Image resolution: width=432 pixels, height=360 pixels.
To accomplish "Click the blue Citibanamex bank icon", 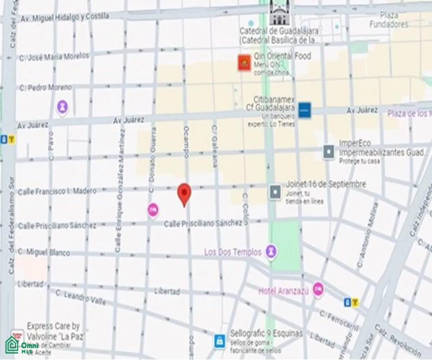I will pos(305,109).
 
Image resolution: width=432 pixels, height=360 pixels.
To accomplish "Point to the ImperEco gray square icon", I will pos(329,152).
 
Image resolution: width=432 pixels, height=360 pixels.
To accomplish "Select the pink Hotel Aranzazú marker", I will pos(318,289).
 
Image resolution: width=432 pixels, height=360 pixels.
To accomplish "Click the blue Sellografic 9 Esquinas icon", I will pos(219,340).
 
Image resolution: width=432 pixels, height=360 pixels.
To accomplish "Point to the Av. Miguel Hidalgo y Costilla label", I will pos(65,17).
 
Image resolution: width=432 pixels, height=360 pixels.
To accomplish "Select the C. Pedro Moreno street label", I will pos(46,87).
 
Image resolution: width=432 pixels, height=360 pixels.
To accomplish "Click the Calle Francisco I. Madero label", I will pos(57,191).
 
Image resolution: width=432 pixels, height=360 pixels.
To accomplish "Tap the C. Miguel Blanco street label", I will pos(44,252).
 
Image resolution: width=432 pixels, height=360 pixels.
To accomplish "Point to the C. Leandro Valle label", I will pos(81,298).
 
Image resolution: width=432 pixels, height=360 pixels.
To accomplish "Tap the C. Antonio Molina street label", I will pos(368,235).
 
